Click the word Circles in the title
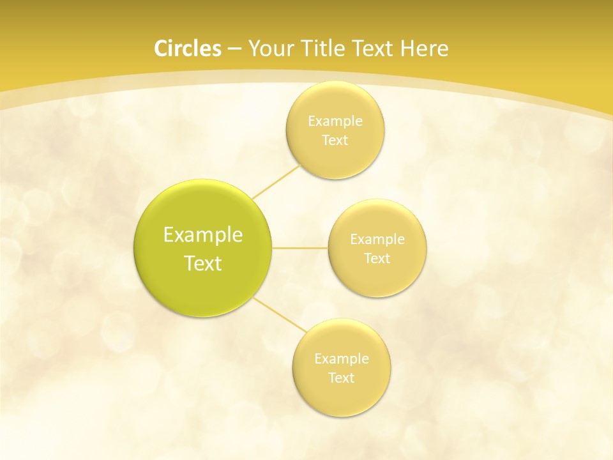coord(187,49)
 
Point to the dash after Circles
coord(234,49)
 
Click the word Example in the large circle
coord(203,235)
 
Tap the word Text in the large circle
coord(203,263)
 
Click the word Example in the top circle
coord(335,121)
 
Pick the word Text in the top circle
coord(335,141)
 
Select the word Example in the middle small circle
coord(377,239)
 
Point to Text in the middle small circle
coord(377,259)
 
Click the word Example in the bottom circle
coord(342,358)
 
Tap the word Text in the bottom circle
coord(342,378)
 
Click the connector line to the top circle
coord(276,181)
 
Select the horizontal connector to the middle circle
coord(300,247)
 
